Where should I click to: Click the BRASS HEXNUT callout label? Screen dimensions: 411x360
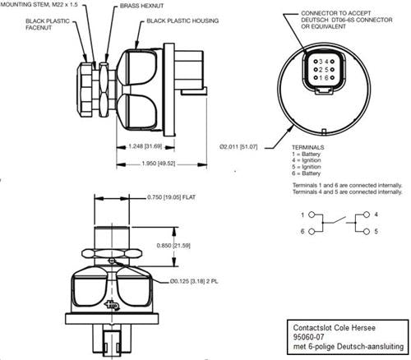(141, 6)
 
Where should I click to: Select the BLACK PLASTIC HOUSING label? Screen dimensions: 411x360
(182, 21)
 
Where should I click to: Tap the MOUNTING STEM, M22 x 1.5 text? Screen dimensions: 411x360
(39, 5)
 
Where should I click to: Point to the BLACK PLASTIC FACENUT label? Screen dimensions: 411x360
(48, 24)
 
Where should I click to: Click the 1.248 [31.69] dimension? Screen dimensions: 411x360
(145, 146)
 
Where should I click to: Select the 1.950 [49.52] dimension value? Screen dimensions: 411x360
(159, 164)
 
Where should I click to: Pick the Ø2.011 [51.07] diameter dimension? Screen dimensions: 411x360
(238, 147)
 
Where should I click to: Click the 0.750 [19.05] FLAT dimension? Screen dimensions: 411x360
(171, 197)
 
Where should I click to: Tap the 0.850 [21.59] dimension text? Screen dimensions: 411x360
(173, 246)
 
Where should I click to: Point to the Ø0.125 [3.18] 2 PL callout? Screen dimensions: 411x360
(194, 281)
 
